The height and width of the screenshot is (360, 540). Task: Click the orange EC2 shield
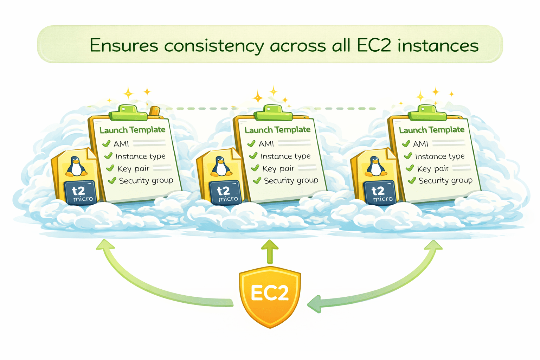(x=270, y=297)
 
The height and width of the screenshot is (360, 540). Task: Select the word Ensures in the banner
(x=124, y=45)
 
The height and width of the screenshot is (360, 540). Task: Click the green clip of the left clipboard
(x=128, y=113)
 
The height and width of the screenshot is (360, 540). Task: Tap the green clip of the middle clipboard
(x=273, y=113)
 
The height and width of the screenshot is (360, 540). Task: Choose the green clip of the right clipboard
(x=427, y=113)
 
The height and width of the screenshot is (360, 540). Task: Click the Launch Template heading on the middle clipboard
(x=277, y=130)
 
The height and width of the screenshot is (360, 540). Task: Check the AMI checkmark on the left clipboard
(x=106, y=144)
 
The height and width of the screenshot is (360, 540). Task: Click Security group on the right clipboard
(x=445, y=181)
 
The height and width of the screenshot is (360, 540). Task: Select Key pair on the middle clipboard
(x=278, y=168)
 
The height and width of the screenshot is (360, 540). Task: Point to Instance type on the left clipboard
(x=140, y=156)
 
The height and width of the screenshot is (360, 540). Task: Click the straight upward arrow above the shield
(x=270, y=251)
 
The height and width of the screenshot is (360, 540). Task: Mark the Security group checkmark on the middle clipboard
(x=257, y=180)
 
